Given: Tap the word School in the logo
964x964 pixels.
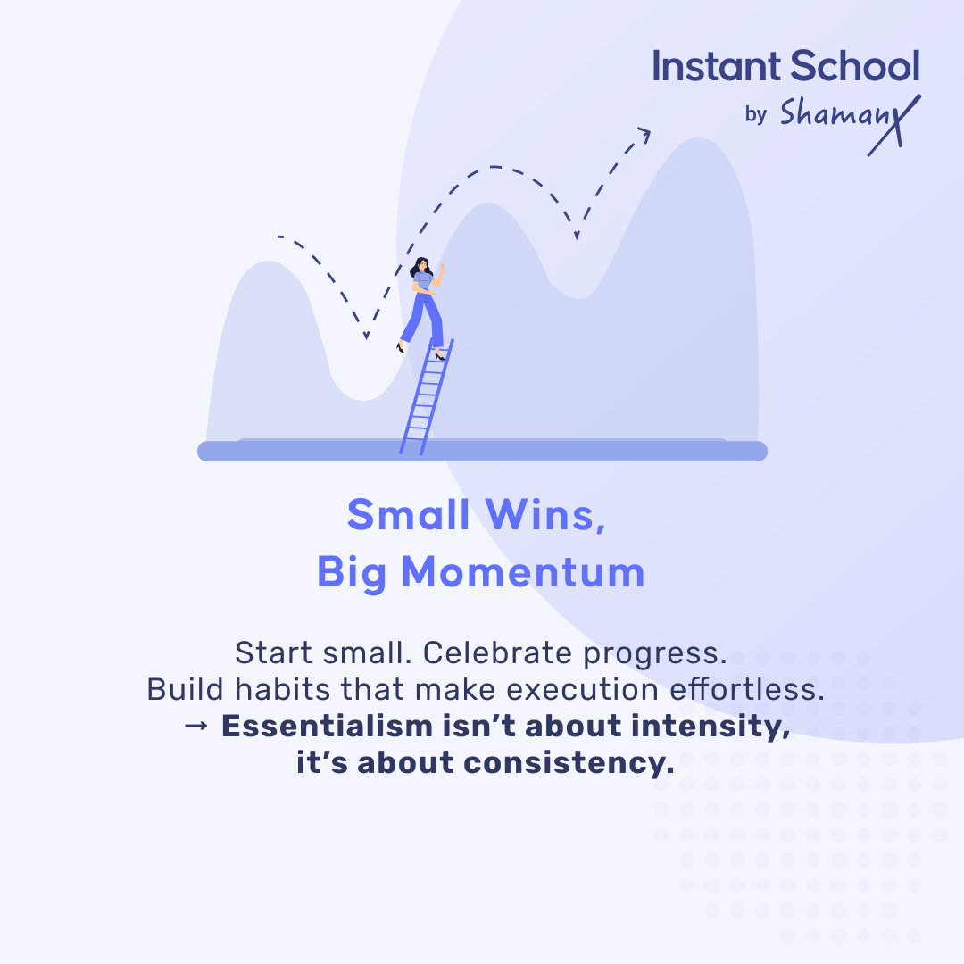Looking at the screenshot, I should point(853,67).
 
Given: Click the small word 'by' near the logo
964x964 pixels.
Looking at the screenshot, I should point(755,115).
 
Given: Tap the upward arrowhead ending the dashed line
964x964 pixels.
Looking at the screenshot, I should point(643,134).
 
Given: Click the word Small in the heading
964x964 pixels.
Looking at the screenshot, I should point(409,515).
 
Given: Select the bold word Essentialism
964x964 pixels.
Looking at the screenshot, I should point(327,727).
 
